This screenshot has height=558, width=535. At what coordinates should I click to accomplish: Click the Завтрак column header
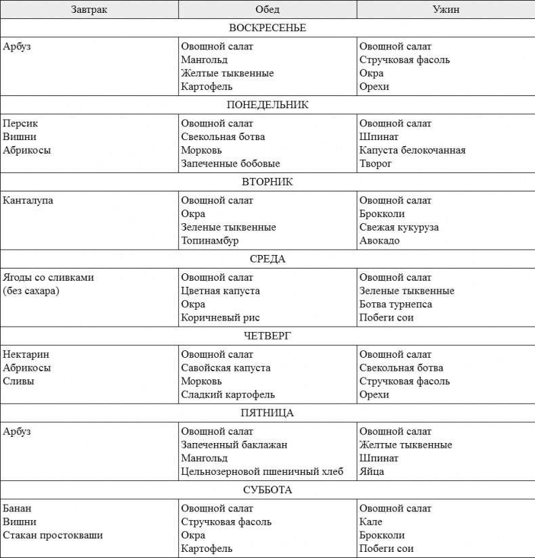pos(89,9)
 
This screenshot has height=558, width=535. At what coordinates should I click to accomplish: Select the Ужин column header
pos(446,9)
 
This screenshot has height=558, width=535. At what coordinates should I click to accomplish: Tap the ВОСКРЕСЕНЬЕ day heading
pos(267,28)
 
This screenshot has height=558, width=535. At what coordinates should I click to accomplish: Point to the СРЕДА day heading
pos(267,259)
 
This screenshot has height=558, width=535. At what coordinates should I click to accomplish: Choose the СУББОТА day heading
pos(267,490)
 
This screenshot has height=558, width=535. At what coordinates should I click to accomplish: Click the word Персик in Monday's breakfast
pos(20,124)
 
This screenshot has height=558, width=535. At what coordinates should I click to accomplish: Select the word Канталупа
pos(28,201)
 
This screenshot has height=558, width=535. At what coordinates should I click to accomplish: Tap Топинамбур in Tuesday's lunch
pos(209,241)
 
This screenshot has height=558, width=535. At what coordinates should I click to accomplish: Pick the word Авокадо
pos(379,241)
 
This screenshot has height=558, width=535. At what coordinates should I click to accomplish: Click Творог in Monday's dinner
pos(375,164)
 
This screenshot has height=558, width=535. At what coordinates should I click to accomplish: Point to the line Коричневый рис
pos(220,318)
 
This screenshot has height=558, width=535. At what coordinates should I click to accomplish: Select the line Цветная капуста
pos(220,291)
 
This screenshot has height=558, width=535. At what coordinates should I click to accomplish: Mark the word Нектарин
pos(26,354)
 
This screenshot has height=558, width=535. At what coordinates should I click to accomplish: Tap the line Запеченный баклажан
pos(234,445)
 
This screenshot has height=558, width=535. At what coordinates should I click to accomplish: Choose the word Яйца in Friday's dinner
pos(371,471)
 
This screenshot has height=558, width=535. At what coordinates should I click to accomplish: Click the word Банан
pos(17,509)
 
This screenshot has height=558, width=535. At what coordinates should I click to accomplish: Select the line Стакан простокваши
pos(53,535)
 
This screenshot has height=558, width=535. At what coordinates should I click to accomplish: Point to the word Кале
pos(370,521)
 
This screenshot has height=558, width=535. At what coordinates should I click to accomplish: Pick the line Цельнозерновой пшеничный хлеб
pos(262,471)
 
